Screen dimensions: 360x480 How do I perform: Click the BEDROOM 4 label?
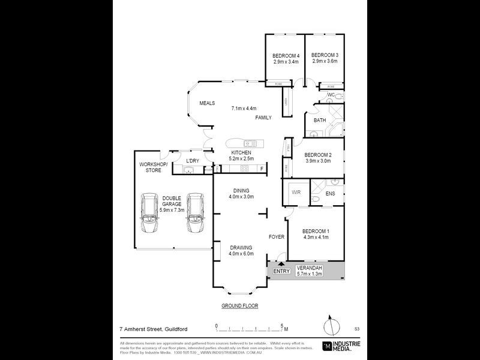(286, 55)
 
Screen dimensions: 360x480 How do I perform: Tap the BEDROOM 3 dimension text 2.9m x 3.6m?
(325, 61)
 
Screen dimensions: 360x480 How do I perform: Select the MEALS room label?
(207, 103)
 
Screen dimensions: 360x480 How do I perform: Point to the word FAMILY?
(263, 118)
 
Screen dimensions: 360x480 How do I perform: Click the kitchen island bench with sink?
(242, 144)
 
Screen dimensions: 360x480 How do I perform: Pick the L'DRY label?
(192, 161)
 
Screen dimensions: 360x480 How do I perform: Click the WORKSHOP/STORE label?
(151, 167)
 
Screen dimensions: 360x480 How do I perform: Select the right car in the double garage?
(196, 214)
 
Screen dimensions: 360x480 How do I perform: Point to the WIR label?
(296, 193)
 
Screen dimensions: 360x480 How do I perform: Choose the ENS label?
(330, 193)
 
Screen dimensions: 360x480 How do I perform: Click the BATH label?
(320, 120)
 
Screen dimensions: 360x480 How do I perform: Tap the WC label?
(331, 95)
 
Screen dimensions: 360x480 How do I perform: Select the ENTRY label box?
(281, 271)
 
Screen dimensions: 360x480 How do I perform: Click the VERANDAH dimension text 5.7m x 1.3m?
(310, 274)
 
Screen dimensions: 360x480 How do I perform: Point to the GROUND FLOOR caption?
(239, 305)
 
